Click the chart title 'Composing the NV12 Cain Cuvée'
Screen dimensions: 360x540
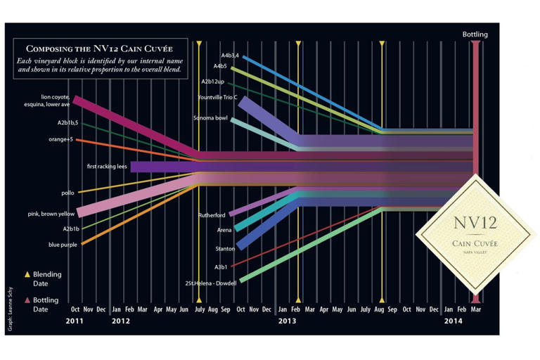click(100, 49)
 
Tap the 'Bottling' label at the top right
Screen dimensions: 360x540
click(475, 34)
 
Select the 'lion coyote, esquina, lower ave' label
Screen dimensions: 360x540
click(54, 101)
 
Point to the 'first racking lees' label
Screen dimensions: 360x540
click(107, 167)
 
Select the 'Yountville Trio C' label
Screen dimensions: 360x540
click(218, 97)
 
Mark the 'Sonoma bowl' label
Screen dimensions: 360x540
click(211, 118)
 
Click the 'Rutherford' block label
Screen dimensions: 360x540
click(212, 215)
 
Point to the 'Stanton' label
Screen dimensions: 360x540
click(224, 249)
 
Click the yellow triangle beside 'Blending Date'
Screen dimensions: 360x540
click(27, 274)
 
